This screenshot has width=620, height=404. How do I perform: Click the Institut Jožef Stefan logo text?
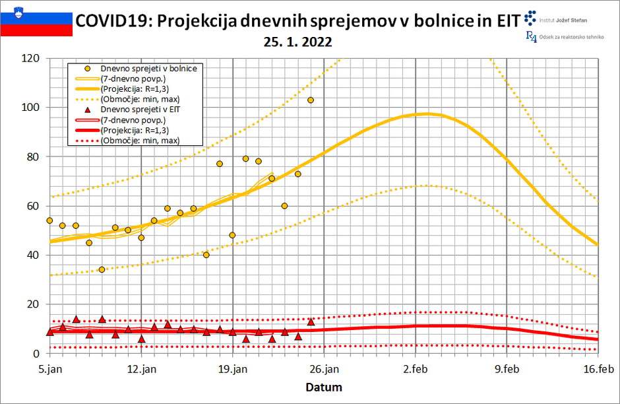tap(565, 20)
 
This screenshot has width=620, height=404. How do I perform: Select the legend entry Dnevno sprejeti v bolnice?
tap(149, 68)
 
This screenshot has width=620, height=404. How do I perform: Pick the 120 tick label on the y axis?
tap(30, 58)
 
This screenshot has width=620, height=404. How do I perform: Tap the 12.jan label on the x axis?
tap(141, 369)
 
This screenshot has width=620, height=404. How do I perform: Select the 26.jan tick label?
tap(324, 369)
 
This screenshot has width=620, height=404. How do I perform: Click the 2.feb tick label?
tap(416, 369)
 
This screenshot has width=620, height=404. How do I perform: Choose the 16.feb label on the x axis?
tap(598, 369)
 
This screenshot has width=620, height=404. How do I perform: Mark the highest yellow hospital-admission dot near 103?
tap(311, 100)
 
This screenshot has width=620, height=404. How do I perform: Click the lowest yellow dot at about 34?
tap(102, 269)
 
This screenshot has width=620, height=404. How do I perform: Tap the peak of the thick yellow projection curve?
tap(427, 114)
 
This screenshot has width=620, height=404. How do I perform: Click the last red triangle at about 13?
tap(311, 321)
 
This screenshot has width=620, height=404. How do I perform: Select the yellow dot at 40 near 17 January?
tap(206, 255)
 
